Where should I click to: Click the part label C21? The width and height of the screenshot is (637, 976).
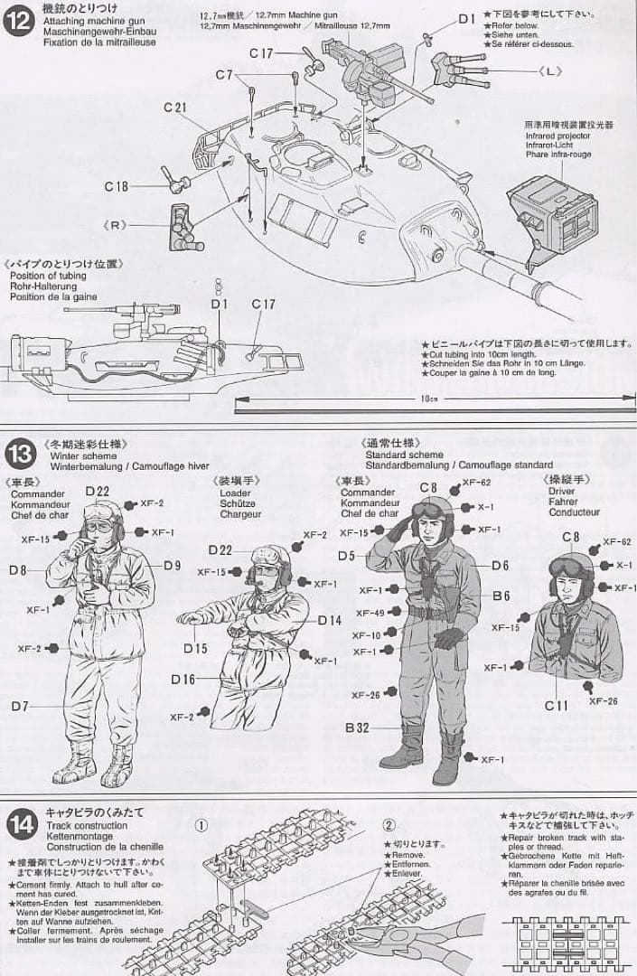tap(175, 108)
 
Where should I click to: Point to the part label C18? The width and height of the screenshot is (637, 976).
tap(117, 186)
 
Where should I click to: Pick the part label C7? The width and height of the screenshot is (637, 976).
tap(224, 74)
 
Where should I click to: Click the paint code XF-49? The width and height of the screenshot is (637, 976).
tap(370, 614)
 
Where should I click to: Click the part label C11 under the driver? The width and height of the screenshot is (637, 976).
tap(557, 704)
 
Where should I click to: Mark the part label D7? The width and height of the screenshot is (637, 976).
tap(19, 704)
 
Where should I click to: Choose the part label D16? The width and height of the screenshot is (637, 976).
tap(183, 679)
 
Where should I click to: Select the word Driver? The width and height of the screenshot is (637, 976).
tap(561, 491)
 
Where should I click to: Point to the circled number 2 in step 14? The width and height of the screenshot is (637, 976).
tap(389, 825)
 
